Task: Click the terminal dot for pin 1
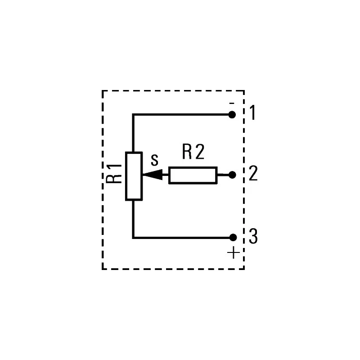232,115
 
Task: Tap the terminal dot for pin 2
232,175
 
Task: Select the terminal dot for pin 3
233,238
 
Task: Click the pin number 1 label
252,112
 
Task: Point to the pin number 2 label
253,173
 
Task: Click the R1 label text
114,174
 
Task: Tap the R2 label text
193,152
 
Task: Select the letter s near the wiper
154,160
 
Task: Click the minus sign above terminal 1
232,103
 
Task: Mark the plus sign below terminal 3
234,252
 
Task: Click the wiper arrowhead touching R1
153,175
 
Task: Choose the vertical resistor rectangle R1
134,176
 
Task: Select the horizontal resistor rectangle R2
193,175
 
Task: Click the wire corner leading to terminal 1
133,115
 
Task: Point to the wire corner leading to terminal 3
133,238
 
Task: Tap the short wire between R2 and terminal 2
223,175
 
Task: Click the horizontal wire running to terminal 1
181,115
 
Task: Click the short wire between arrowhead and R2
165,175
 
